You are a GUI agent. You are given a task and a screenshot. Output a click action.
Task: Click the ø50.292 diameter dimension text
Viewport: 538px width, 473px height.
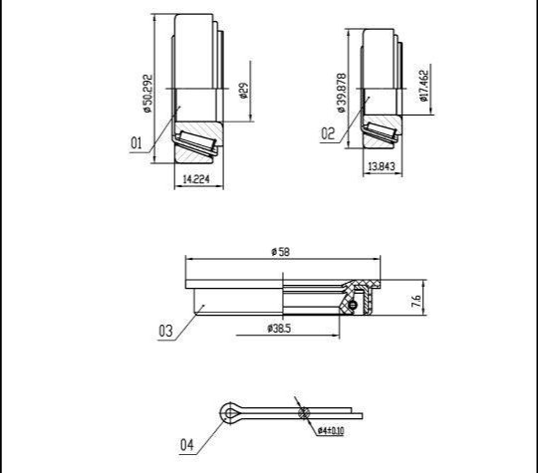[x=147, y=94]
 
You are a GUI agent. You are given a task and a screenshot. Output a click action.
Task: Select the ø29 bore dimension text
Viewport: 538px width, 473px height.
[x=244, y=91]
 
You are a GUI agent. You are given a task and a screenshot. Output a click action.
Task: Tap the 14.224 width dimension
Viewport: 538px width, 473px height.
[x=196, y=179]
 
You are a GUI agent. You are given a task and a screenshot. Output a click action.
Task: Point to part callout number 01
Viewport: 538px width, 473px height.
[x=136, y=142]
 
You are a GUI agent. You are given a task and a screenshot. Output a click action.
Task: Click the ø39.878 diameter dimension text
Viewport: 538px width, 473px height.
[x=342, y=93]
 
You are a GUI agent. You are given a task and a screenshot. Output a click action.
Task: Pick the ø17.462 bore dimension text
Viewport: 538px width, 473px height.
[x=424, y=86]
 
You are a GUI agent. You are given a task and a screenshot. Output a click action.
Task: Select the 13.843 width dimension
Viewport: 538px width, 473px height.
[x=382, y=166]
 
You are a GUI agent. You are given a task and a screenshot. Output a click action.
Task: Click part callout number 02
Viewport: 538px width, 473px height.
[x=328, y=133]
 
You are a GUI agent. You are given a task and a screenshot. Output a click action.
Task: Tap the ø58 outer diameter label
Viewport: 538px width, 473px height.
[x=281, y=252]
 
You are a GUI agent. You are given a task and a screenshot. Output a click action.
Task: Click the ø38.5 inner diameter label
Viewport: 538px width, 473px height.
[x=279, y=329]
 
